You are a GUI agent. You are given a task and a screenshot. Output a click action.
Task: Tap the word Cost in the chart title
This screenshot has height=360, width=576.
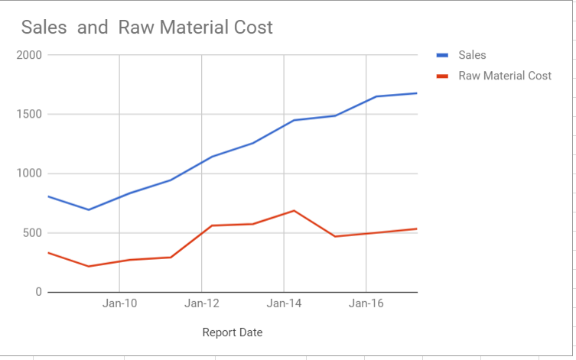252,28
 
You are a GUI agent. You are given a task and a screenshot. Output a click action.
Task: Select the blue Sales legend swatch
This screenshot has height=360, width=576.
442,55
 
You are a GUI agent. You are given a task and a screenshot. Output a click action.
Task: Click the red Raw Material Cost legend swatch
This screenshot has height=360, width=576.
442,76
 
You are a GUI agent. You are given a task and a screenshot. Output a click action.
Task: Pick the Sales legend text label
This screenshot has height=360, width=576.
472,55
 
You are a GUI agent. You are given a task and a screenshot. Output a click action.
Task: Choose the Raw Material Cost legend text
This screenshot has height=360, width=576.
505,76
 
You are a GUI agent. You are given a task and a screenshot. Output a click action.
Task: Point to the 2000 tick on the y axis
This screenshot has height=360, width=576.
28,55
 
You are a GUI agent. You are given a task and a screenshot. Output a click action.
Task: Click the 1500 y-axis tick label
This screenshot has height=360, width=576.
28,115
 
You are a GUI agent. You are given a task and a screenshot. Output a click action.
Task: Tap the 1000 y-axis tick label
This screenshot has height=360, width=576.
28,174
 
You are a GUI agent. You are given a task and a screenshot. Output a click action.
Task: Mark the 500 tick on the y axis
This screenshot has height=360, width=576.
31,233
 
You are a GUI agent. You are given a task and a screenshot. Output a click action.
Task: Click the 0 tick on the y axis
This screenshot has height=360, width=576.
38,292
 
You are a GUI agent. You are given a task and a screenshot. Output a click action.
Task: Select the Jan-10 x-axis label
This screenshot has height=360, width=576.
120,303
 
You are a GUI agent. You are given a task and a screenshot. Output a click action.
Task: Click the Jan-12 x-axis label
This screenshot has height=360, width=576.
202,303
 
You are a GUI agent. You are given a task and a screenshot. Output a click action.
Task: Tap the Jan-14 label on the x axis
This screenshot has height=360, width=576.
284,303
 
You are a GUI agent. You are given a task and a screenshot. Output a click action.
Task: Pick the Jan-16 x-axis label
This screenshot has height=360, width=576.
366,303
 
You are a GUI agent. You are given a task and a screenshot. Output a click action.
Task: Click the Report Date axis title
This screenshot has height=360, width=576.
233,332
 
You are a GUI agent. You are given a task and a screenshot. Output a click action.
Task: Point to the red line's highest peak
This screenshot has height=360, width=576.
294,211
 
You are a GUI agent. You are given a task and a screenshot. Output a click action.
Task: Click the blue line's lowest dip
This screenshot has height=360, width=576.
89,209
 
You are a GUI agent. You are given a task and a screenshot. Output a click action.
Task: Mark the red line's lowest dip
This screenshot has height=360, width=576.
89,266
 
